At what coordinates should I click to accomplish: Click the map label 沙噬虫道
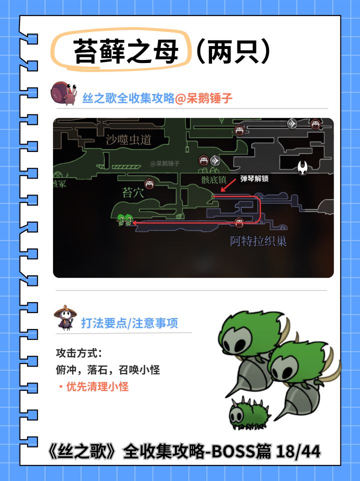(x=129, y=139)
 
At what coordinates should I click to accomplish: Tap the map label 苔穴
(x=132, y=192)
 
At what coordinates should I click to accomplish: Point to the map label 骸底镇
(x=213, y=179)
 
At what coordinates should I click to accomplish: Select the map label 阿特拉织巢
(x=258, y=241)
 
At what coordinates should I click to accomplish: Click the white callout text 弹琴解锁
(x=254, y=178)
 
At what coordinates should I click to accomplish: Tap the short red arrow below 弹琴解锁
(x=227, y=185)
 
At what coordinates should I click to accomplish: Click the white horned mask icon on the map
(x=302, y=167)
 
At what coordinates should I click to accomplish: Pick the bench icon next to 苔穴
(x=149, y=183)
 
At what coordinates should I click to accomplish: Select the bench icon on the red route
(x=239, y=222)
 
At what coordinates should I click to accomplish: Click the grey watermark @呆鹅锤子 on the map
(x=164, y=163)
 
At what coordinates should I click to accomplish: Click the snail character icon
(x=64, y=93)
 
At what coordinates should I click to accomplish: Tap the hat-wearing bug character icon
(x=65, y=317)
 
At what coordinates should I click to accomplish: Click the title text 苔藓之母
(x=126, y=51)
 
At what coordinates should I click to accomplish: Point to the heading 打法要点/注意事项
(x=129, y=323)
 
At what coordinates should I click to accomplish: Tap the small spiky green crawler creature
(x=249, y=412)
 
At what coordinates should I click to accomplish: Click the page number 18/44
(x=298, y=451)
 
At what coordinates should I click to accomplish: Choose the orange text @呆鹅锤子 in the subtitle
(x=203, y=98)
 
